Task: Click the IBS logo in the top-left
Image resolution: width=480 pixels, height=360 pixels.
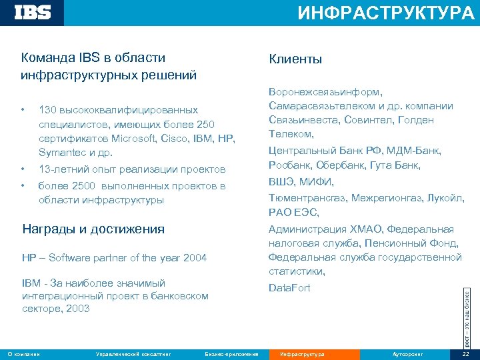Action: (x=33, y=12)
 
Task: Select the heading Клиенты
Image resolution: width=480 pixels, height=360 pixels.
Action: (x=295, y=59)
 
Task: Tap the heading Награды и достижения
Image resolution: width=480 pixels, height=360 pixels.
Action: (x=93, y=229)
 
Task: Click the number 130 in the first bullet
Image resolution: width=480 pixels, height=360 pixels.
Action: (x=47, y=109)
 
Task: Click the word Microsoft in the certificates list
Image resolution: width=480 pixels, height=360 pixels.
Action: (x=135, y=139)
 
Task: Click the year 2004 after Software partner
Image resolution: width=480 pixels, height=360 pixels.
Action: (x=194, y=258)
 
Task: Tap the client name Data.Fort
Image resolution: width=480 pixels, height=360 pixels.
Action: (x=289, y=287)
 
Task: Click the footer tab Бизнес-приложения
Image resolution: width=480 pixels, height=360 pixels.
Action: (x=231, y=354)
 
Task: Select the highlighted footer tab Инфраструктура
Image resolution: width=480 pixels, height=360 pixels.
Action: (x=302, y=354)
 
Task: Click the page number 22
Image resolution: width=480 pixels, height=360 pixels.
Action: (x=465, y=354)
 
